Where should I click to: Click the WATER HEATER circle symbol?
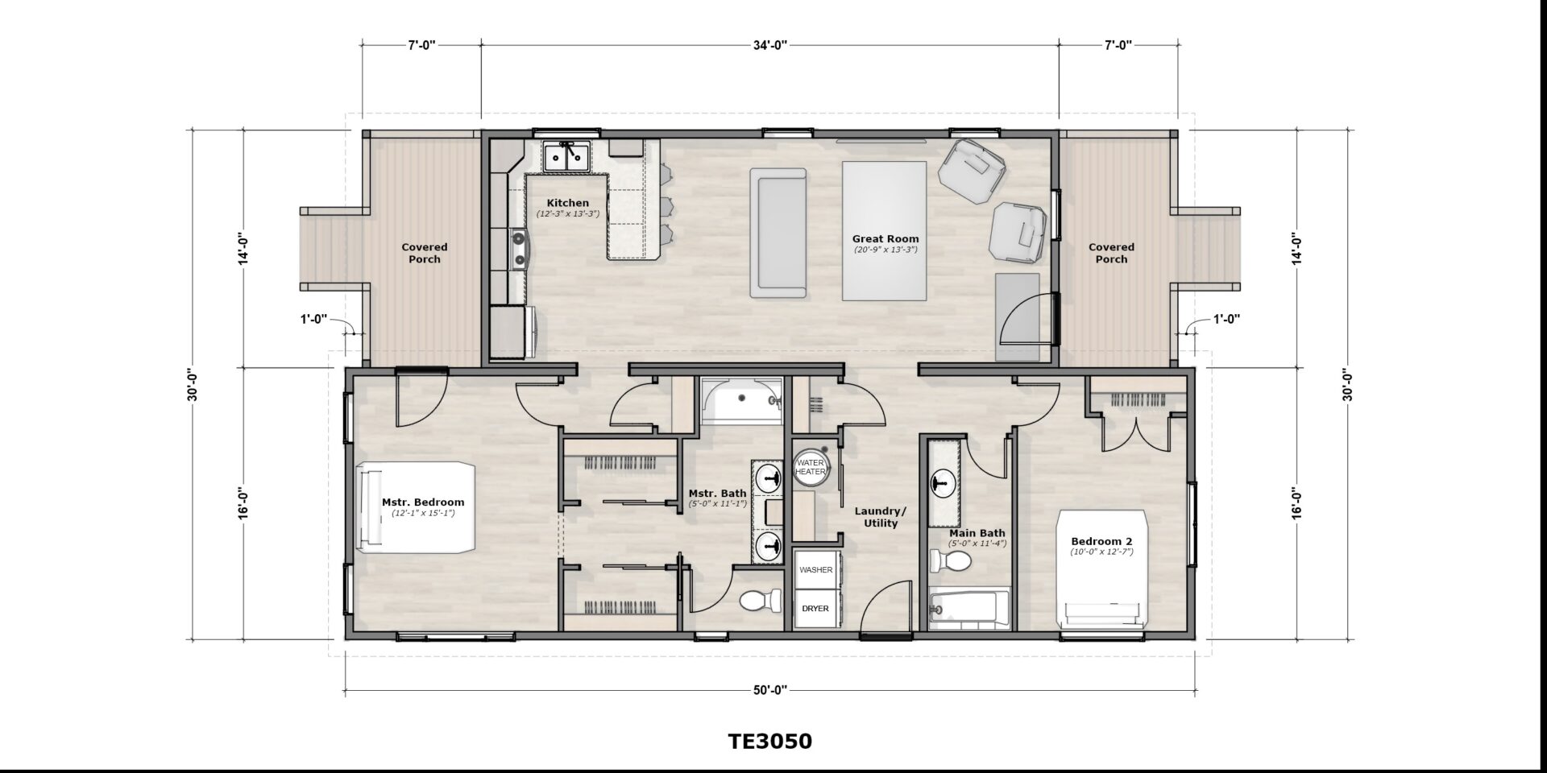[811, 466]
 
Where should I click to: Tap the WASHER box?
[815, 569]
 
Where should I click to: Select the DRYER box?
[815, 608]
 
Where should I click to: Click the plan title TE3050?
[770, 741]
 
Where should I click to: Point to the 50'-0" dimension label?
[770, 689]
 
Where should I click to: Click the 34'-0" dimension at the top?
[770, 45]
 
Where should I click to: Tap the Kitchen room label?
[568, 203]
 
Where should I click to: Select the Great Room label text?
[885, 238]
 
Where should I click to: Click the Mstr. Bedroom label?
[423, 502]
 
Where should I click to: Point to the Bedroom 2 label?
[1101, 541]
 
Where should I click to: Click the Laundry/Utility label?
[881, 517]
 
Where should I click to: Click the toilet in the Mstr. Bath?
[761, 601]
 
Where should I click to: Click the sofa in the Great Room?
[778, 232]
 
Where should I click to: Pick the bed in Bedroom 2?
[1102, 568]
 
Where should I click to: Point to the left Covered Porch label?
[425, 253]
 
